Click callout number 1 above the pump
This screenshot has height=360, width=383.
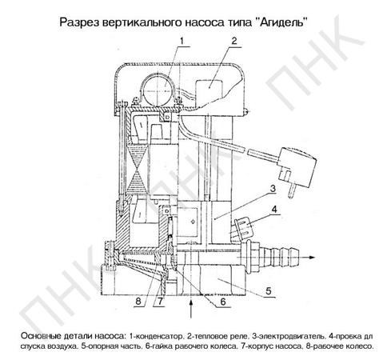point(182,41)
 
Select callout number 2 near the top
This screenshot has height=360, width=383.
point(233,41)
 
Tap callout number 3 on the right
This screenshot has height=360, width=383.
point(273,189)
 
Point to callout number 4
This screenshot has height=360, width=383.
point(274,210)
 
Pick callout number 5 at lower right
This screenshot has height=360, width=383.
point(268,290)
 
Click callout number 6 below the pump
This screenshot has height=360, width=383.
point(223,302)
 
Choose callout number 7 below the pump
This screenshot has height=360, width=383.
point(160,302)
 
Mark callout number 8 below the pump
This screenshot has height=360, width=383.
point(138,302)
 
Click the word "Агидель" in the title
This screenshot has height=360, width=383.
point(283,22)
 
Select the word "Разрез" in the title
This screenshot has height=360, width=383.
point(78,22)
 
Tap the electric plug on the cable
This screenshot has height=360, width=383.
point(297,170)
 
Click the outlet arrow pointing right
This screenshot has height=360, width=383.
point(305,258)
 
